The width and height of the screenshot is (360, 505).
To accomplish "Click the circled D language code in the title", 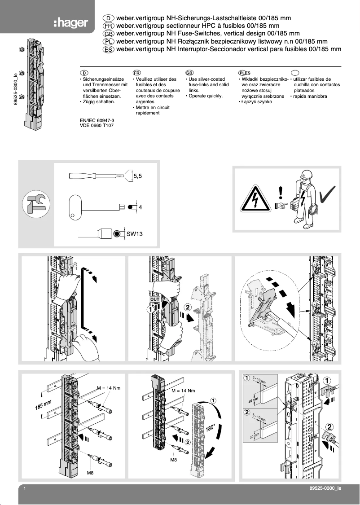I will click(x=108, y=18).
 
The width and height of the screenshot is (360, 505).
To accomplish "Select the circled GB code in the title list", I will click(x=108, y=34).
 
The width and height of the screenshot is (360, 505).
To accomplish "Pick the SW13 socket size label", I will click(x=134, y=234).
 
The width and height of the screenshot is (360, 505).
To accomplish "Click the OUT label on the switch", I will click(x=154, y=299).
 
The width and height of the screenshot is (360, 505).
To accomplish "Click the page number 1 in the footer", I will click(x=25, y=488).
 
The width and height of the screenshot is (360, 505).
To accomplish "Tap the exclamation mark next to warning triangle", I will click(x=281, y=193).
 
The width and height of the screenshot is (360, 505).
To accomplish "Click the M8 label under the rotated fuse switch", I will click(x=173, y=460).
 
